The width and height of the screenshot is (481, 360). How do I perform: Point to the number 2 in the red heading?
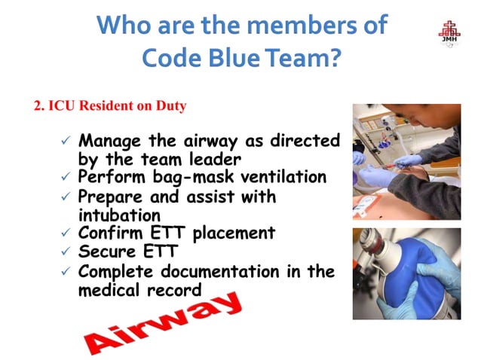(x=38, y=106)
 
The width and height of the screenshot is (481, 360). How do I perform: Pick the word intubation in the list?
(x=115, y=215)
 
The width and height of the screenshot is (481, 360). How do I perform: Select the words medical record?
(x=140, y=290)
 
